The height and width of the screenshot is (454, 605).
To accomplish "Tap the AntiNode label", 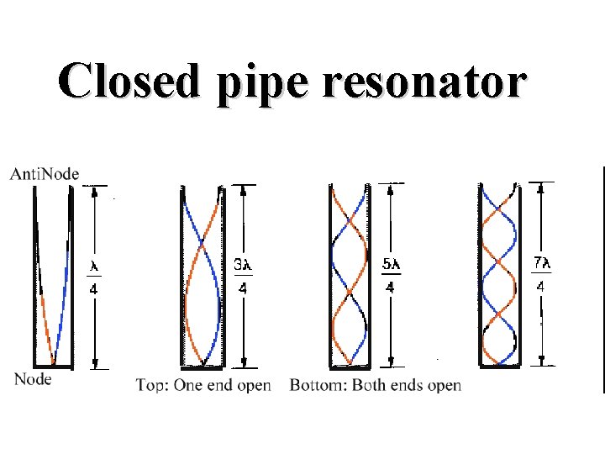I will pos(45,174).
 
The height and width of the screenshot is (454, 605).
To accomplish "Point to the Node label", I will pos(33,379).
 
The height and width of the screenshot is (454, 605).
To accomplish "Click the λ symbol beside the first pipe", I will pos(95,267).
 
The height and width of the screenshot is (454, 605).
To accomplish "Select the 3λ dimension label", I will pos(241,265).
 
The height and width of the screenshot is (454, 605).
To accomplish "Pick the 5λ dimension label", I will pos(392,265).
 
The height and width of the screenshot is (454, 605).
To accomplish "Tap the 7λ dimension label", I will pos(541,263).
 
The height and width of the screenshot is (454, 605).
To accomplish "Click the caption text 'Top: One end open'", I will pos(203,385).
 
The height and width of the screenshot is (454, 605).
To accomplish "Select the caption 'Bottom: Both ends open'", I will pos(376,385).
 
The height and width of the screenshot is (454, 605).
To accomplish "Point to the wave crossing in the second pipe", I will pos(203,245).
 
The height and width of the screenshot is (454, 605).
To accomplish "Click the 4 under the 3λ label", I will pos(242,288).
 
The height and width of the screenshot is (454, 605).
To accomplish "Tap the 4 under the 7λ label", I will pos(541,286).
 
